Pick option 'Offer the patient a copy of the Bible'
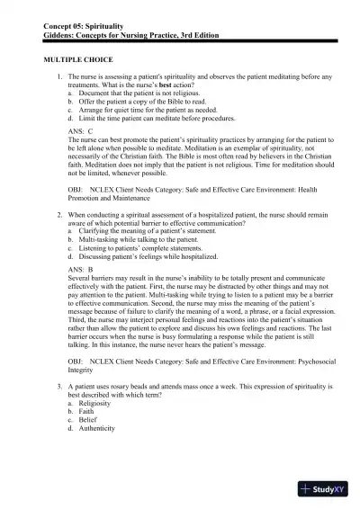click(138, 102)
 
